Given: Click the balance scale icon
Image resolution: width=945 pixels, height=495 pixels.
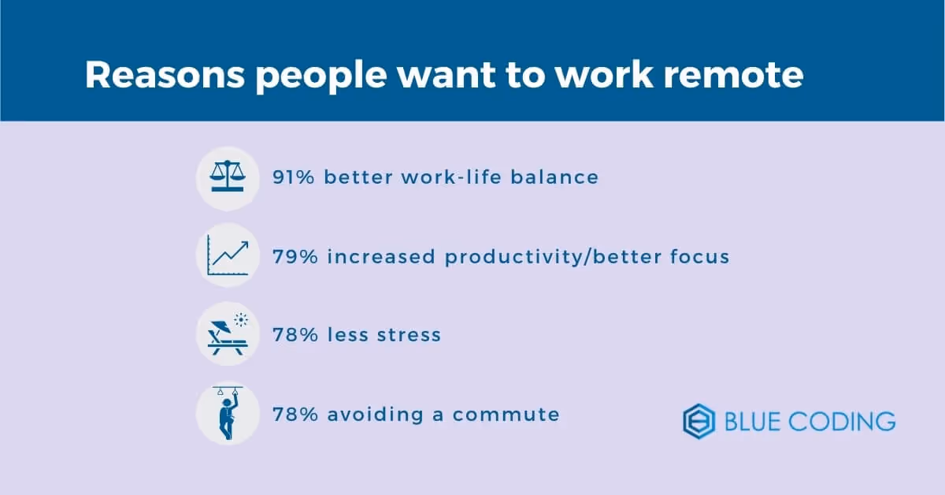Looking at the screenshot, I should [228, 177].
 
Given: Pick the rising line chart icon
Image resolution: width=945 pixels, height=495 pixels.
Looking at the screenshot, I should [228, 255].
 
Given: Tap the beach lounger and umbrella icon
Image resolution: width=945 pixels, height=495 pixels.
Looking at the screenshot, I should [228, 334].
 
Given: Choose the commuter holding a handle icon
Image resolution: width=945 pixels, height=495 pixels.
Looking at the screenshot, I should [228, 413].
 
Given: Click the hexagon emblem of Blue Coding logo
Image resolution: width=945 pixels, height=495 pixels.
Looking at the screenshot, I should [699, 421].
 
